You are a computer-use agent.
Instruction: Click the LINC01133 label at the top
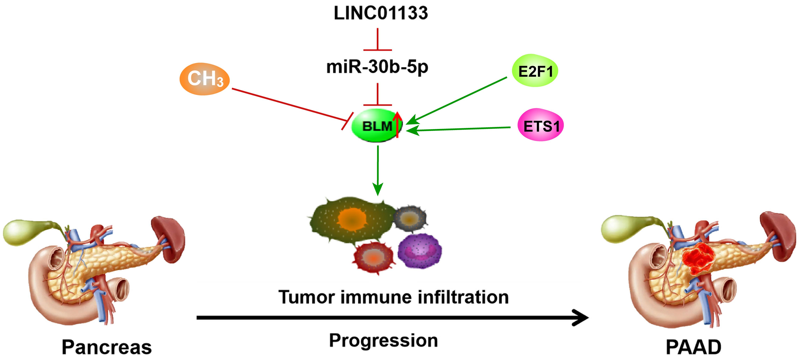[x=381, y=13]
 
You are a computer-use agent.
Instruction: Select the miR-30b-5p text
[x=377, y=67]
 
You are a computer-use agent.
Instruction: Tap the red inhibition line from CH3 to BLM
[x=289, y=105]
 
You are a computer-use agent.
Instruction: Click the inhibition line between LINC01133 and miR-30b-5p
[x=377, y=40]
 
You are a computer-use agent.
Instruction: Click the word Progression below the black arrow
[x=383, y=341]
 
